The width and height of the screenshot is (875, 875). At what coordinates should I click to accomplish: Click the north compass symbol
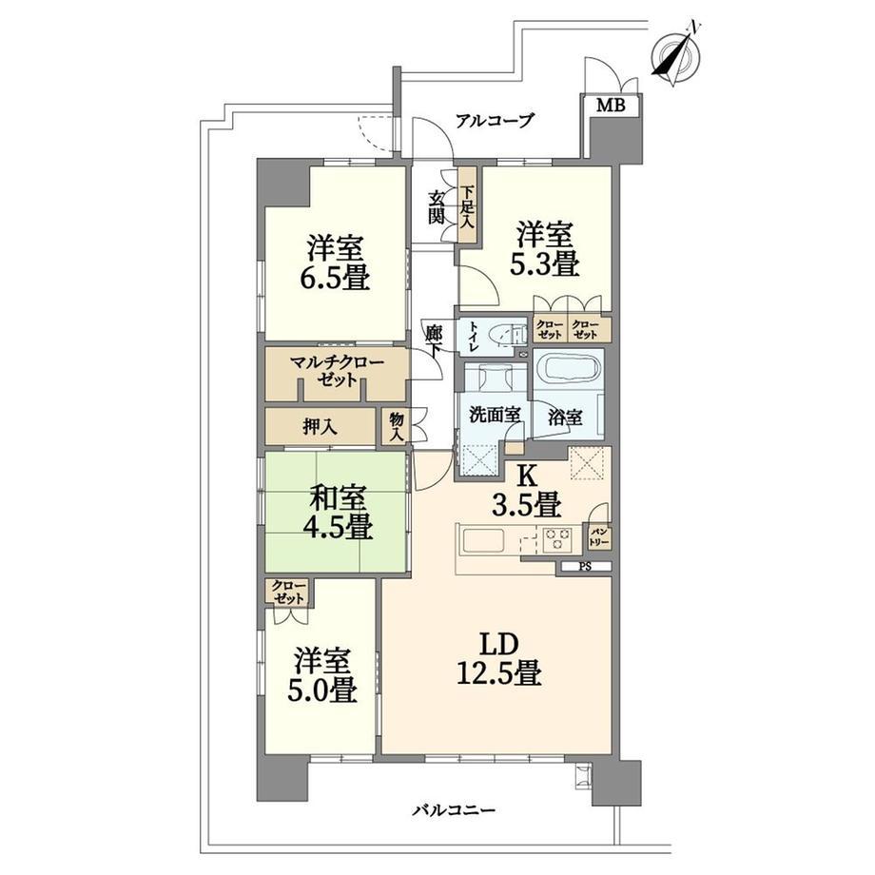tap(676, 54)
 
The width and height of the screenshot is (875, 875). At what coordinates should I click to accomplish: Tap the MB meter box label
tap(611, 105)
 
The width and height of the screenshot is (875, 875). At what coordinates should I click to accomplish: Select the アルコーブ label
tap(495, 120)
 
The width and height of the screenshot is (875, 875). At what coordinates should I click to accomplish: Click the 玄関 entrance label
tap(437, 207)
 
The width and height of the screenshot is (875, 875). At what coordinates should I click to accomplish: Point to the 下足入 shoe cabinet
tap(468, 204)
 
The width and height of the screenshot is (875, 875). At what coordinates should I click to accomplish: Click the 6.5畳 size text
tap(336, 278)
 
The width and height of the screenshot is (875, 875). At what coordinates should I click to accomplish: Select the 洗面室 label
tap(495, 416)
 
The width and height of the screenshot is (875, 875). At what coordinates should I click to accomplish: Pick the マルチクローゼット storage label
tap(337, 372)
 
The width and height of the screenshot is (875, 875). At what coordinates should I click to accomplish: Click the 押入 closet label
tap(320, 427)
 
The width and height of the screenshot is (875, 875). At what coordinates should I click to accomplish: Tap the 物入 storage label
tap(397, 427)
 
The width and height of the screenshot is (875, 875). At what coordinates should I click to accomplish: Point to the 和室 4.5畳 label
tap(339, 513)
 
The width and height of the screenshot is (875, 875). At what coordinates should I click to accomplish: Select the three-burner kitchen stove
tap(556, 539)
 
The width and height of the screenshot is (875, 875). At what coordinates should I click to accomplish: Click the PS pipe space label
tap(585, 567)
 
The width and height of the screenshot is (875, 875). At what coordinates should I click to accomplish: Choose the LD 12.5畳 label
tap(499, 659)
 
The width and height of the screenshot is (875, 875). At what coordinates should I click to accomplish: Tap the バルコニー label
tap(454, 809)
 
